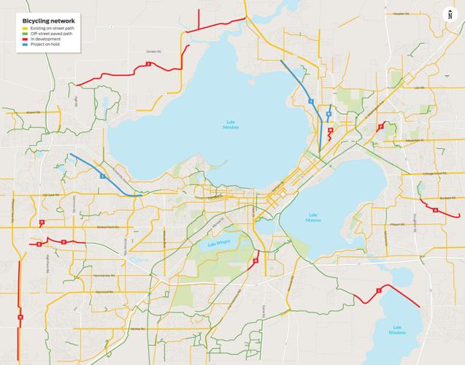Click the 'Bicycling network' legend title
(x=49, y=21)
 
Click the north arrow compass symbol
(x=450, y=15)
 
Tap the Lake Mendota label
(x=231, y=126)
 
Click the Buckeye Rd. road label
(x=447, y=197)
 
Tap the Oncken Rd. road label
(x=152, y=51)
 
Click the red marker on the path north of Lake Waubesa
(x=378, y=291)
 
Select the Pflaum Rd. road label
(x=398, y=225)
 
